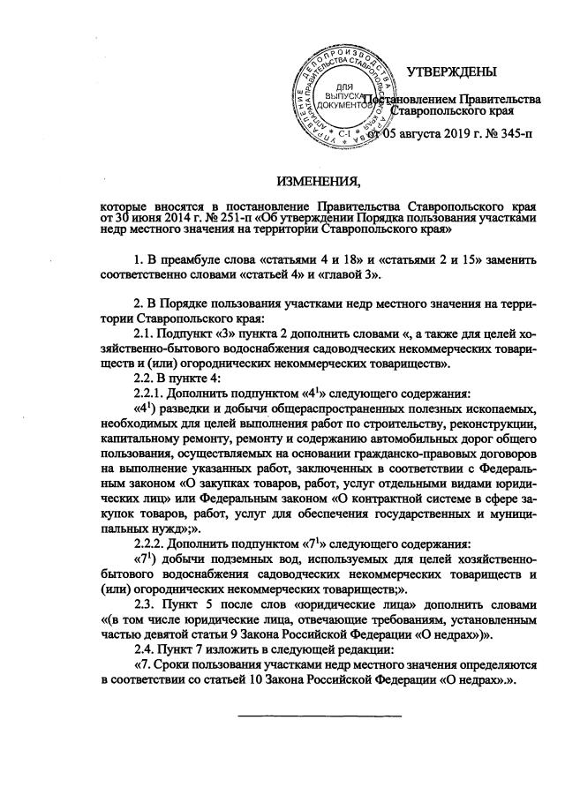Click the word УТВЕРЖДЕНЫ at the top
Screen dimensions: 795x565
[x=450, y=71]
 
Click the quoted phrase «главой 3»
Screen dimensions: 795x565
[x=353, y=278]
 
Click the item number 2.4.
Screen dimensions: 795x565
[x=144, y=646]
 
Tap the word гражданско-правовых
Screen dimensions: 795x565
[x=423, y=454]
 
